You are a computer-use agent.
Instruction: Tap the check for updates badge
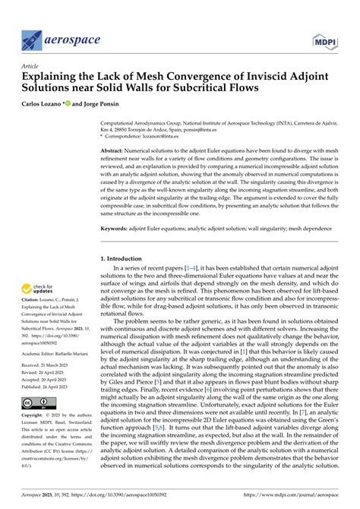[45, 289]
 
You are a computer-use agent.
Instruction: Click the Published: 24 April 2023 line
[51, 387]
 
